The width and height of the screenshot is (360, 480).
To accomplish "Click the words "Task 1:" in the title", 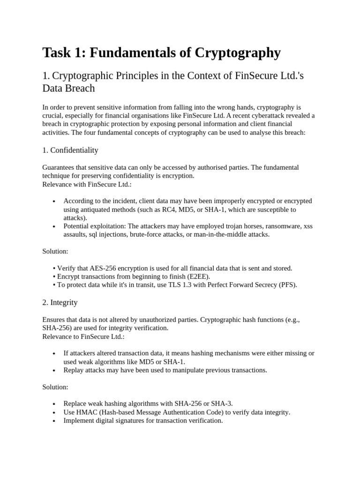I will tap(63, 53).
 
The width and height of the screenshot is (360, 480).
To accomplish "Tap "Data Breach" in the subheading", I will tap(68, 88).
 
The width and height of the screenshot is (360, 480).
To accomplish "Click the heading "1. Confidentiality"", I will tap(70, 150).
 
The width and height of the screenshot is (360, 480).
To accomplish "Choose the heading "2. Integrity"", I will tap(60, 302).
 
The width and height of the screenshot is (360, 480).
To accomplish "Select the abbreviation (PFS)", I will tap(288, 285).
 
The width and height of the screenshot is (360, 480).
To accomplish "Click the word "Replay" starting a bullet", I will tap(73, 370).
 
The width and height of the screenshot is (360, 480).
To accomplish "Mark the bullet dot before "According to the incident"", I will tap(54, 201).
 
